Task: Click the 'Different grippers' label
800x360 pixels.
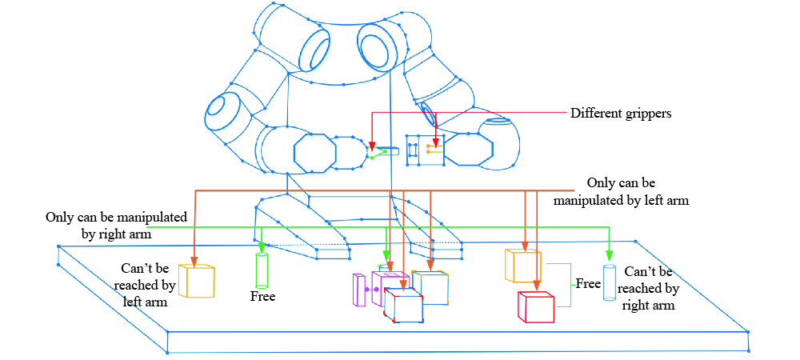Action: click(x=620, y=114)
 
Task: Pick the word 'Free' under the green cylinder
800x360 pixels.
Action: click(x=262, y=297)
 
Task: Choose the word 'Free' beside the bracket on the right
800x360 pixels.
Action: click(x=589, y=283)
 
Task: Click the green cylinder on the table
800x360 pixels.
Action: click(x=262, y=271)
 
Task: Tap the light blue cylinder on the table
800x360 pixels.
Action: click(x=610, y=282)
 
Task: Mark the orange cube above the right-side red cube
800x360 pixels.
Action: click(x=523, y=266)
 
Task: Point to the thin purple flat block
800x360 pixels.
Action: click(x=358, y=290)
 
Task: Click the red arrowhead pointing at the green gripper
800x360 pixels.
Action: click(x=371, y=146)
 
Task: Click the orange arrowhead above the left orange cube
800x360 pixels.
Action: click(x=195, y=260)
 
